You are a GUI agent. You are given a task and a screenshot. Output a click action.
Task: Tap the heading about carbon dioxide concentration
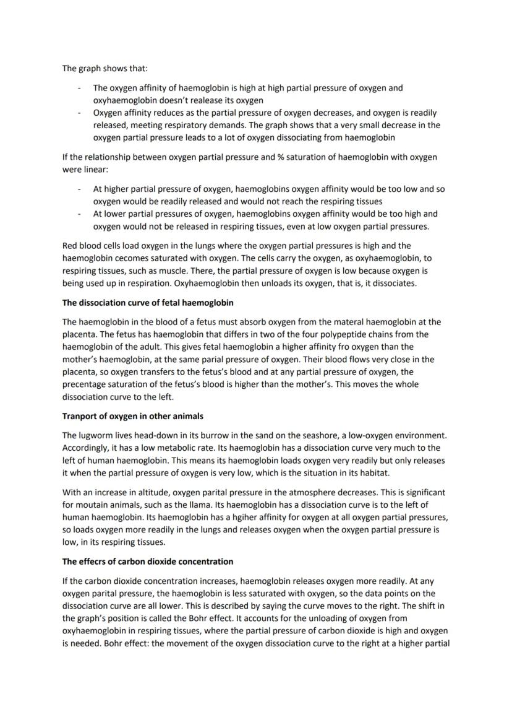148,562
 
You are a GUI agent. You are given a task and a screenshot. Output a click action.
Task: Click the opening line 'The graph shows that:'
105,68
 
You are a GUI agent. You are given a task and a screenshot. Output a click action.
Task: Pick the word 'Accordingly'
85,448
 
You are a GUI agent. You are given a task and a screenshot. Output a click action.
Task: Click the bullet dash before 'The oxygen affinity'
79,88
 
